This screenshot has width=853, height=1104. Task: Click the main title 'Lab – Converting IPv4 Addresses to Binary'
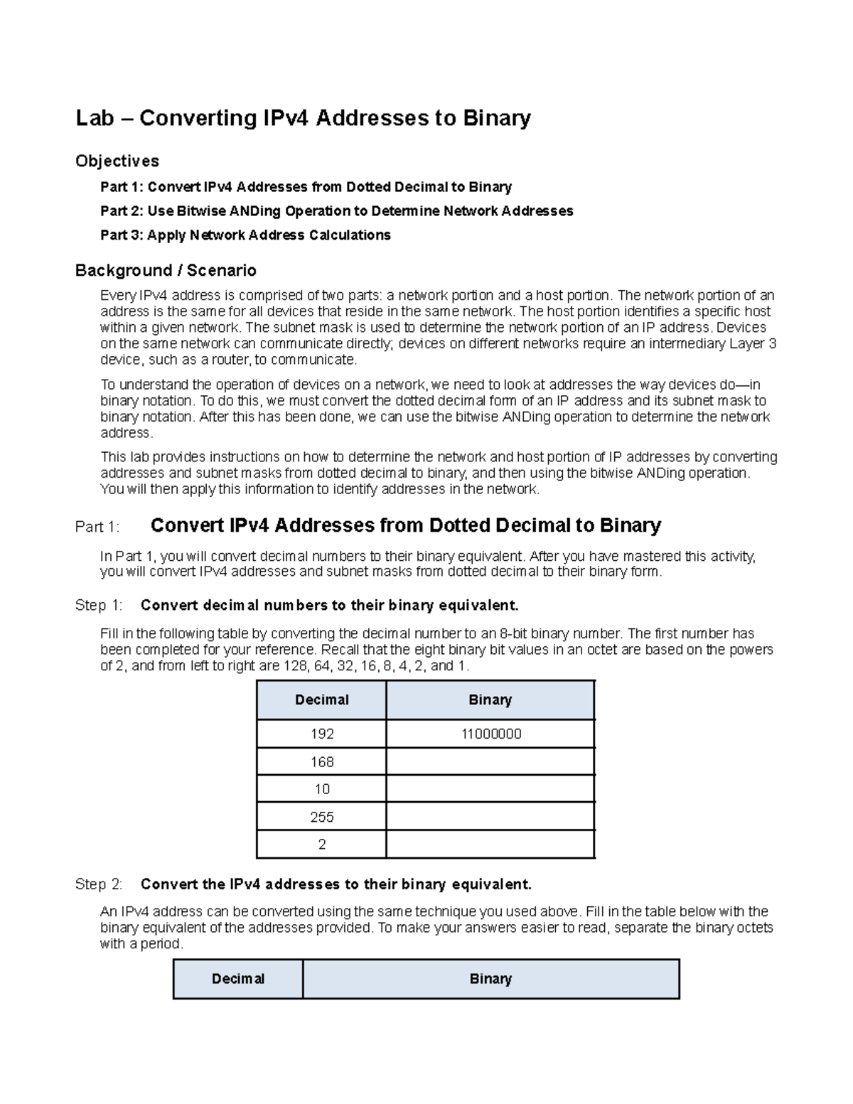pyautogui.click(x=303, y=118)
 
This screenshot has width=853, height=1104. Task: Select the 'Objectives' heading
pyautogui.click(x=117, y=161)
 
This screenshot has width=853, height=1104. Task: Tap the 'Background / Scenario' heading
pyautogui.click(x=166, y=271)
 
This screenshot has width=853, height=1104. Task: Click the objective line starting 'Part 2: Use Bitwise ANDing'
pyautogui.click(x=336, y=211)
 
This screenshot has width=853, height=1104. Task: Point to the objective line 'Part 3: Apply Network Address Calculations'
pyautogui.click(x=245, y=235)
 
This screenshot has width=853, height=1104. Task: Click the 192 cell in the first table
pyautogui.click(x=321, y=734)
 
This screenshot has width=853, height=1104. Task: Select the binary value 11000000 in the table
pyautogui.click(x=490, y=734)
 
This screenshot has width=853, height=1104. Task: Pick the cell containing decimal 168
pyautogui.click(x=321, y=762)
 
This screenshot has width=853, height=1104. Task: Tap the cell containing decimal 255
pyautogui.click(x=321, y=818)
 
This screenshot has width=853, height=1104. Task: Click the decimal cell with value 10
pyautogui.click(x=321, y=790)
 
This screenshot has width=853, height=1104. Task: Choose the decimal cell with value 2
pyautogui.click(x=321, y=845)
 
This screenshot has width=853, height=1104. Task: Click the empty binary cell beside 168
pyautogui.click(x=490, y=762)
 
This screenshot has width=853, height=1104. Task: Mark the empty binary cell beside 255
pyautogui.click(x=490, y=818)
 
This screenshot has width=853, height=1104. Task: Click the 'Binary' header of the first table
pyautogui.click(x=490, y=700)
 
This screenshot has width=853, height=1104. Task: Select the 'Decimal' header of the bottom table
pyautogui.click(x=238, y=980)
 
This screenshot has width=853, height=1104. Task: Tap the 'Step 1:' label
pyautogui.click(x=99, y=606)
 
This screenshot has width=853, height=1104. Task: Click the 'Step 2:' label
pyautogui.click(x=99, y=885)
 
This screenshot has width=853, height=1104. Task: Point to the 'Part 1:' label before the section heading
pyautogui.click(x=97, y=527)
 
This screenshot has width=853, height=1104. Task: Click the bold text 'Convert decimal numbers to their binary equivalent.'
pyautogui.click(x=330, y=606)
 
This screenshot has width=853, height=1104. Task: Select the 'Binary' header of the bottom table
pyautogui.click(x=490, y=980)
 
